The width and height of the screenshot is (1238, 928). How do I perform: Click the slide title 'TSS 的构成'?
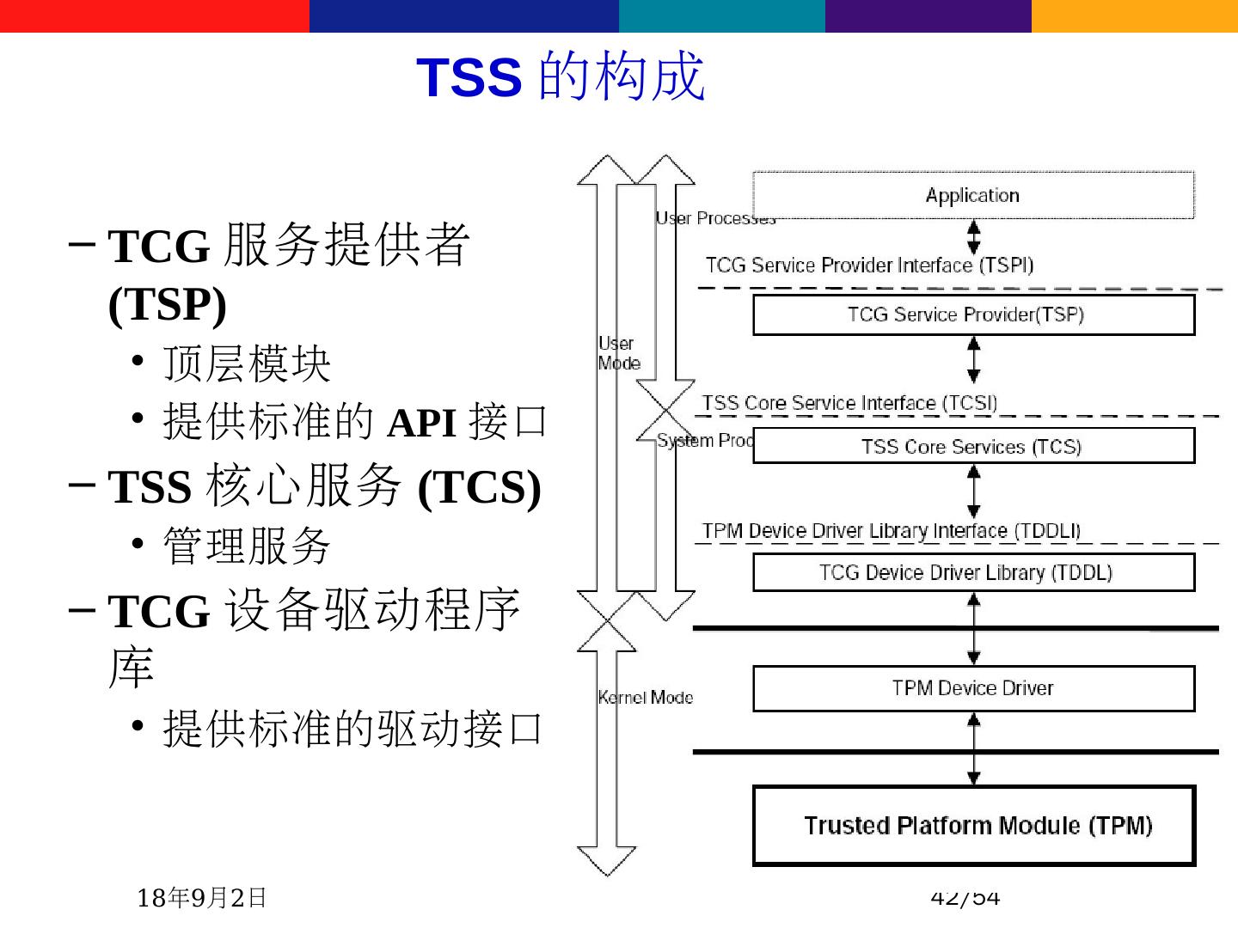[561, 77]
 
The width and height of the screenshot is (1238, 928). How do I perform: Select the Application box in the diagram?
[973, 195]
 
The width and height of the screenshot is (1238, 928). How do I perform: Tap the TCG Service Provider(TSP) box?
[973, 314]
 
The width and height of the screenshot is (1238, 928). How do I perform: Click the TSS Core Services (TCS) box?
[973, 446]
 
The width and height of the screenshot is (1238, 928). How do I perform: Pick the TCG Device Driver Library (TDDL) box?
[973, 572]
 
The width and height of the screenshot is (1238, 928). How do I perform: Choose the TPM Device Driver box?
[973, 688]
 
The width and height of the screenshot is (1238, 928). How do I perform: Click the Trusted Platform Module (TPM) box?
[973, 826]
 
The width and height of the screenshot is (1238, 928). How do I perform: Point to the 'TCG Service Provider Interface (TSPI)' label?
[869, 266]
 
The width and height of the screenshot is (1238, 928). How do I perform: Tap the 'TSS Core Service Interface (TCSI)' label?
[849, 403]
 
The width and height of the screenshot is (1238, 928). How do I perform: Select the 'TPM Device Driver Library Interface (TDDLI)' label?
[891, 531]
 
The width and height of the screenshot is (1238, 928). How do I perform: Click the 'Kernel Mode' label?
[646, 698]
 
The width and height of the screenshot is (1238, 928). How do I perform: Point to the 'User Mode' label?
[618, 353]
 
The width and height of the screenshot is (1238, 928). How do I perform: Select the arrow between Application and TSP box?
[973, 237]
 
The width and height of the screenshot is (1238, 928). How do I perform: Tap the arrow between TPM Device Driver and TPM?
[973, 748]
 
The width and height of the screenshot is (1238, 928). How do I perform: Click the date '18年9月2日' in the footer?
[201, 898]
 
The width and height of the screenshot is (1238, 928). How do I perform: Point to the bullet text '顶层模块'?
[247, 363]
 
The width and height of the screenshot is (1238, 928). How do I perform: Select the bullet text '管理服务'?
[247, 546]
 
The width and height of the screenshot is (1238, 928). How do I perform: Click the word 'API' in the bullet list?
[421, 423]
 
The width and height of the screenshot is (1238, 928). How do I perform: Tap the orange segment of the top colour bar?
[1135, 15]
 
